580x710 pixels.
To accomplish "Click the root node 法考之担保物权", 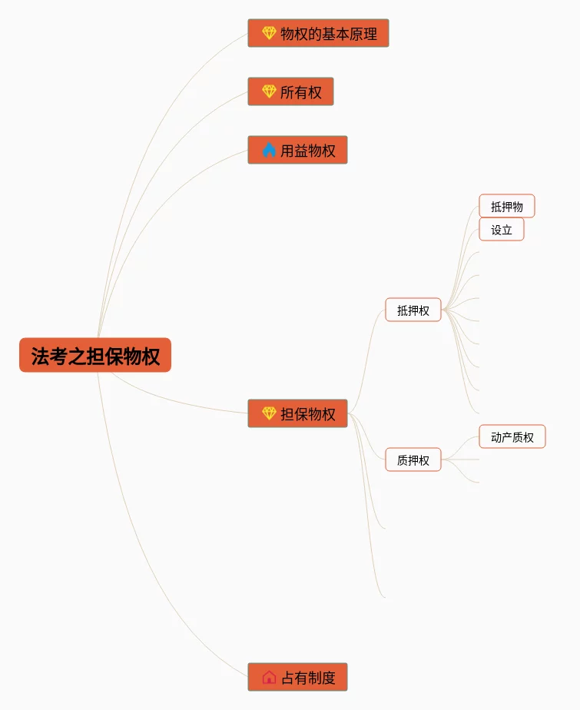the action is (x=95, y=355).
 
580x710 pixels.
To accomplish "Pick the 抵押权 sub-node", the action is (x=413, y=310).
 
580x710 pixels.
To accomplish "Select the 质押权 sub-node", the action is (x=413, y=460).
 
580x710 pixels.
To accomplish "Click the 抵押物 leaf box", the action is (x=507, y=206).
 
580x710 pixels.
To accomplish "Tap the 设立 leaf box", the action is (x=502, y=229).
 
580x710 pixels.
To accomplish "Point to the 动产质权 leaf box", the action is (x=512, y=436).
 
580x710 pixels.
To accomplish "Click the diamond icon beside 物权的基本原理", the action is (x=269, y=33).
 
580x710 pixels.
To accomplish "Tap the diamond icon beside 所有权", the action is (x=269, y=91).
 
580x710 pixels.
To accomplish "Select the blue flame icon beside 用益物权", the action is (x=269, y=150).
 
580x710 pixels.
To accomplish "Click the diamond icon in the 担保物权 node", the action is (x=269, y=413).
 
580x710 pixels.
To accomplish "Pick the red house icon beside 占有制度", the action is (x=269, y=677).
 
